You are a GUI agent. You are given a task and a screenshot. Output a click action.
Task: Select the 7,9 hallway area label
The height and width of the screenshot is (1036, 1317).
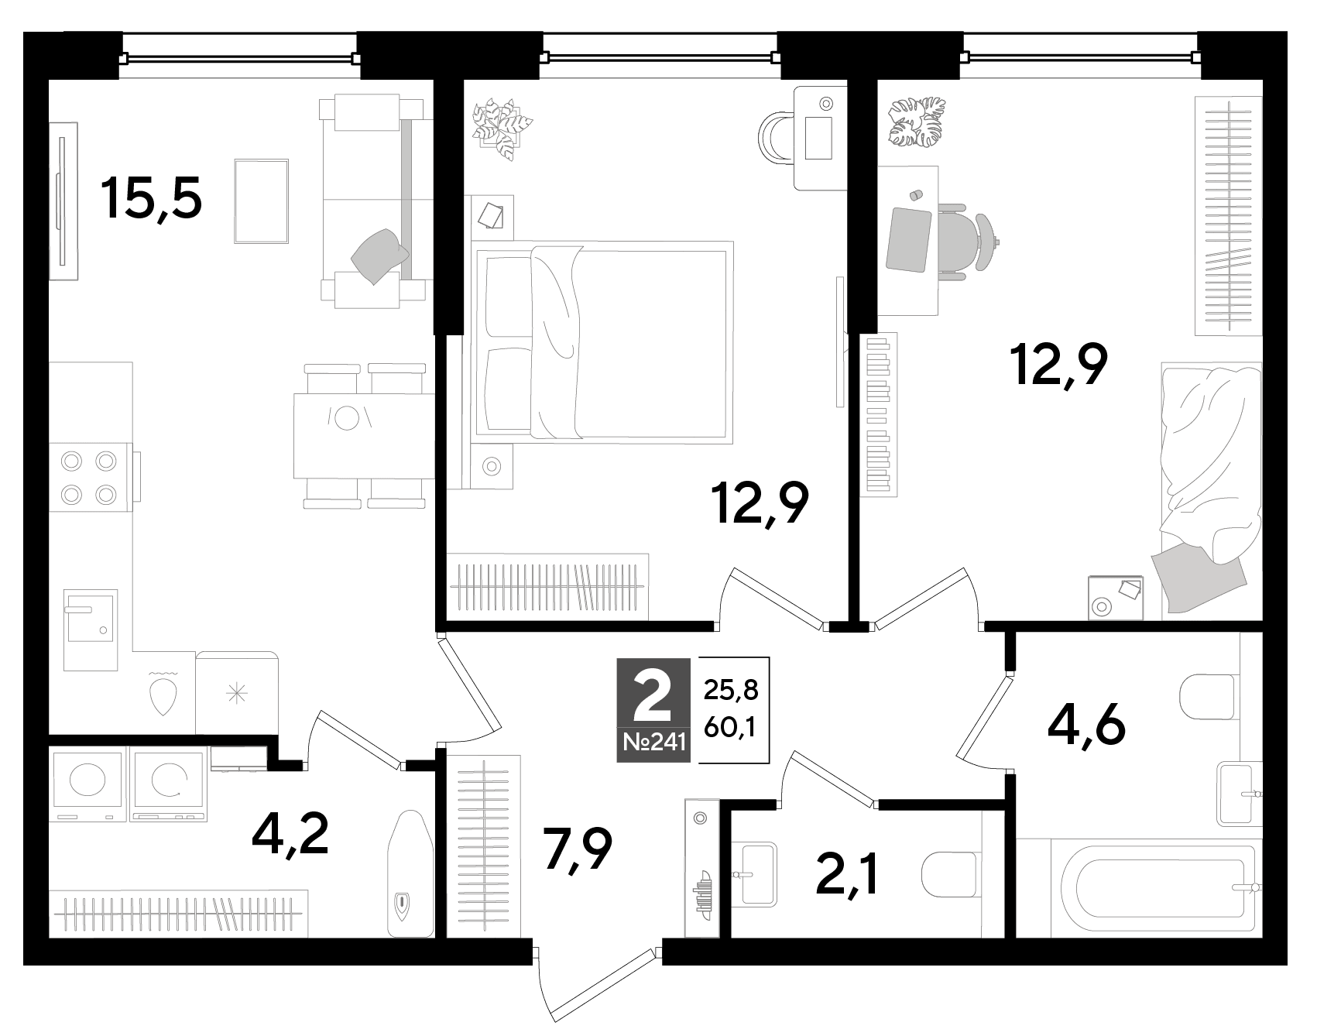click(578, 849)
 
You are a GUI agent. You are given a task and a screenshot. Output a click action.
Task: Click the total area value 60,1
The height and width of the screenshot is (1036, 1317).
click(731, 727)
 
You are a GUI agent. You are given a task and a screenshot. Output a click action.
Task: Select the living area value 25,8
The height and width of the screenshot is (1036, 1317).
click(731, 689)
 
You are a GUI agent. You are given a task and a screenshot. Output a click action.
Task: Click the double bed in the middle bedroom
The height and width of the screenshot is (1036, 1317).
click(603, 341)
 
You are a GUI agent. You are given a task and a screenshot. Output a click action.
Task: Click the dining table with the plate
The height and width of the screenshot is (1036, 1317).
click(363, 436)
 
